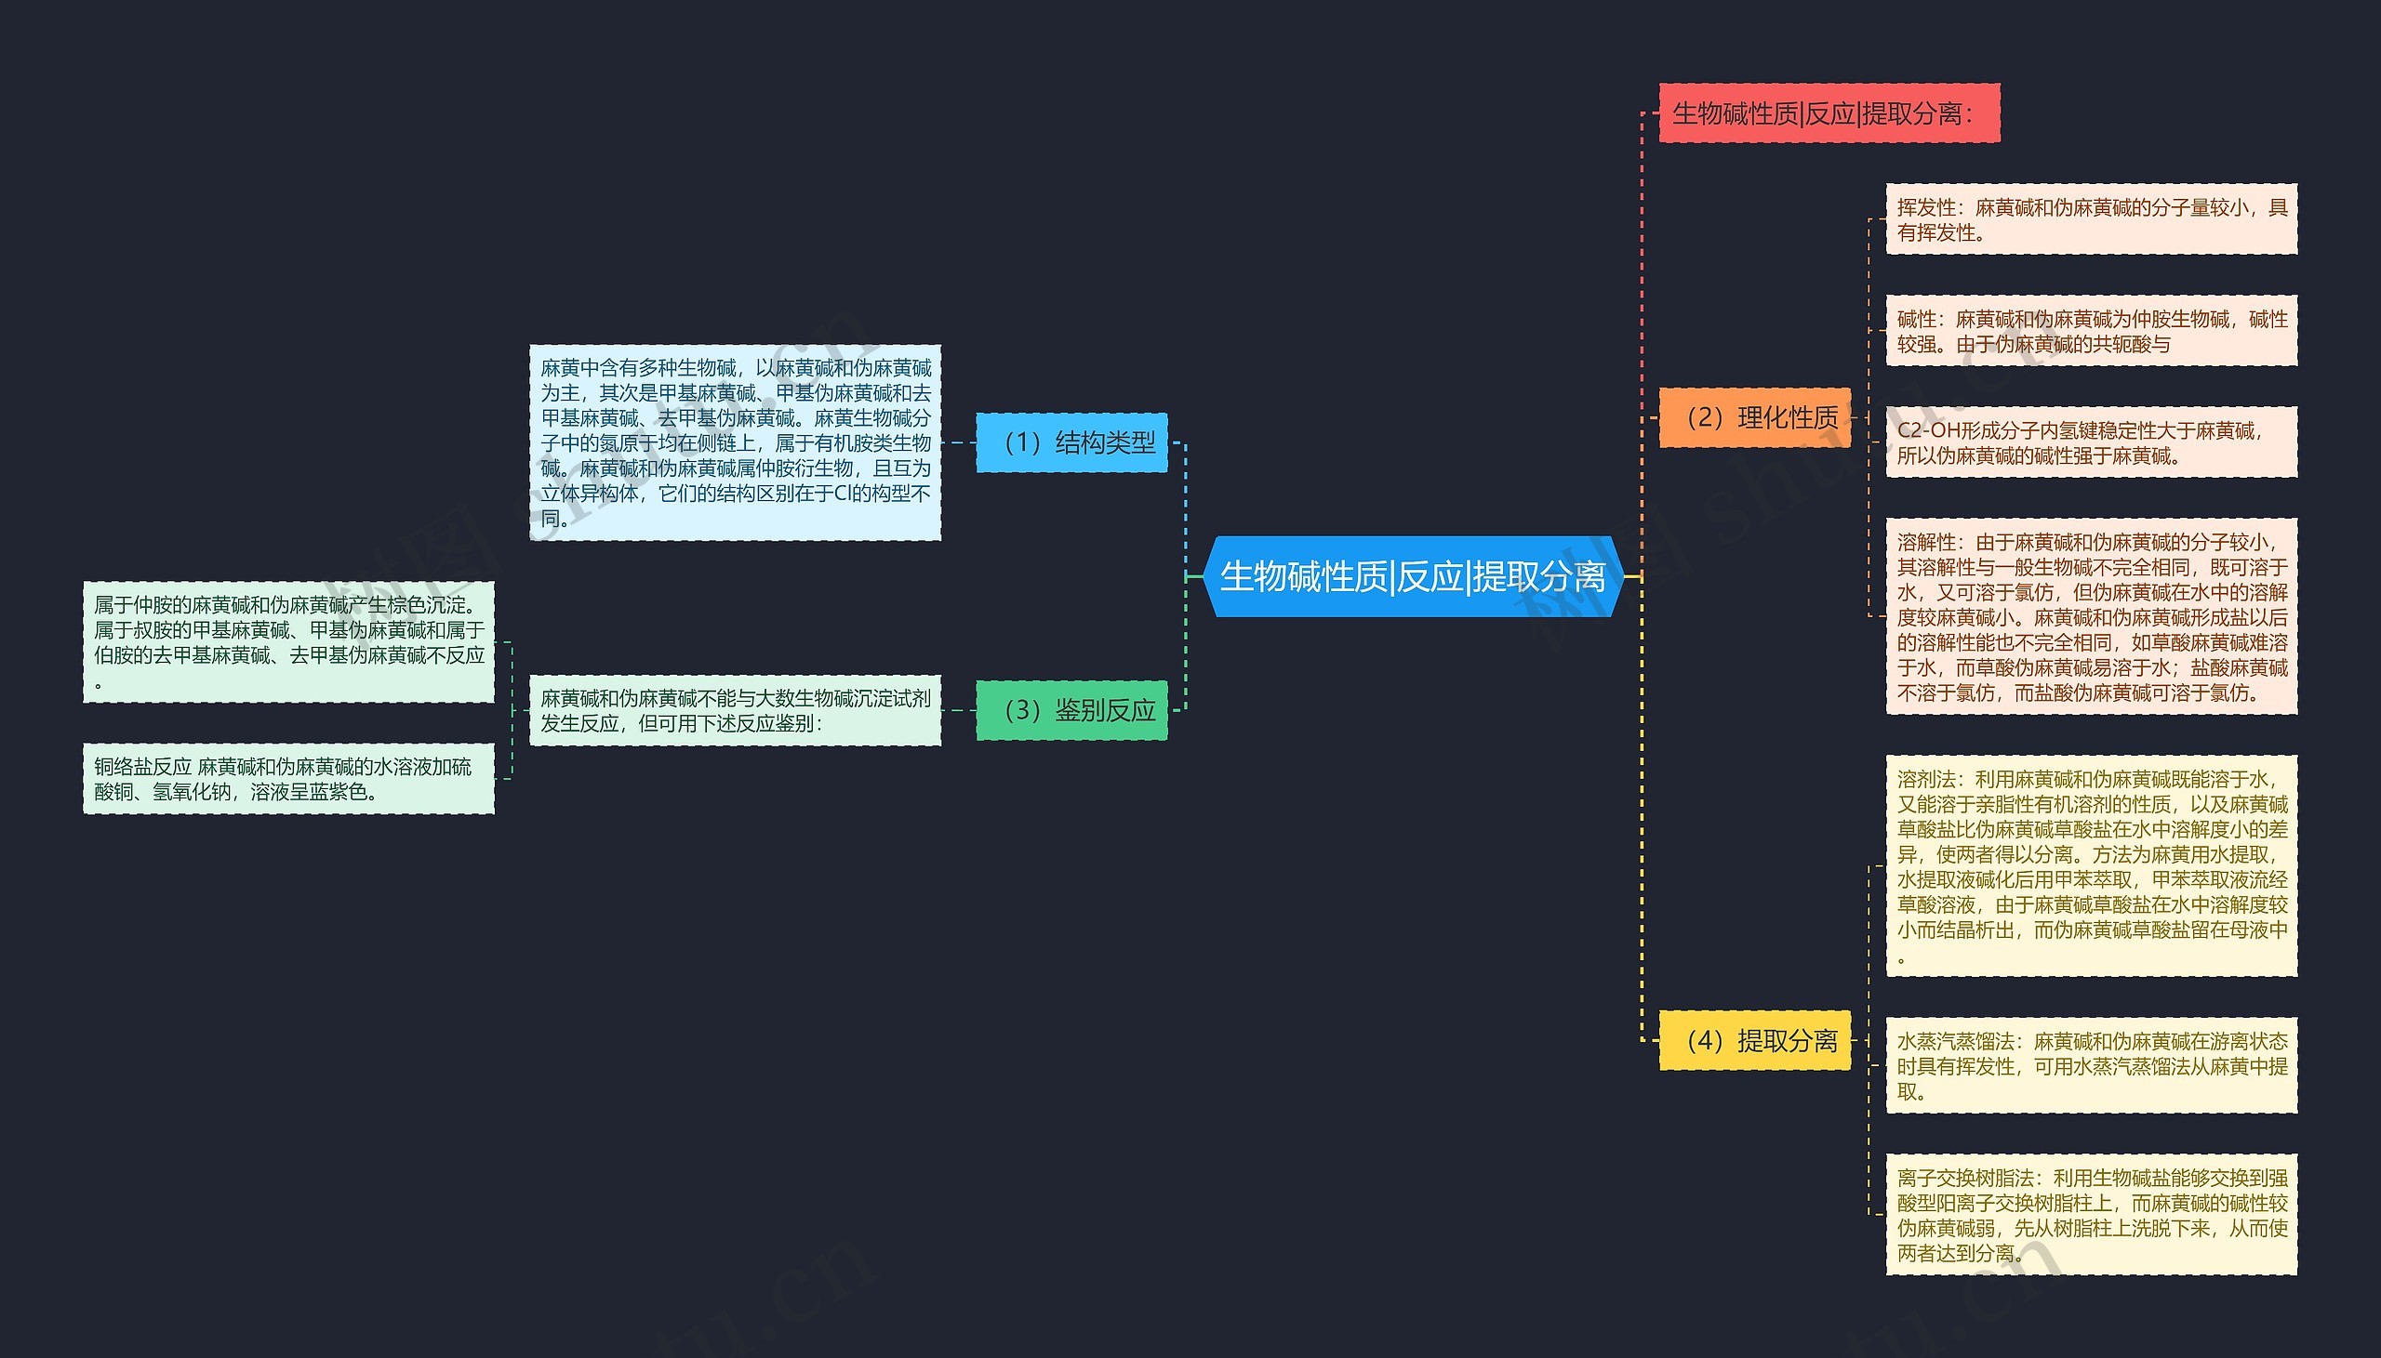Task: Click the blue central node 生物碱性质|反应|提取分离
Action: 1414,576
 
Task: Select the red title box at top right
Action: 1829,113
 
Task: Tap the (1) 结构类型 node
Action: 1072,442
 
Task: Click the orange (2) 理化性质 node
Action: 1754,417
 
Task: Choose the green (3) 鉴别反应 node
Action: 1072,711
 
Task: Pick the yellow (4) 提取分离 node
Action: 1754,1040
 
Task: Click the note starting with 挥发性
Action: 2091,219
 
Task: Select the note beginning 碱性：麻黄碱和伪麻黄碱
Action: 2091,331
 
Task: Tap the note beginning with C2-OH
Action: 2091,443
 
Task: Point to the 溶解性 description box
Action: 2091,616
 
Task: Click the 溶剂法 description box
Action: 2091,866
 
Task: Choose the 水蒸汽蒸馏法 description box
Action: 2091,1065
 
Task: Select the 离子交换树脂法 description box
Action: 2091,1214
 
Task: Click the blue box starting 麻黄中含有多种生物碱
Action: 735,442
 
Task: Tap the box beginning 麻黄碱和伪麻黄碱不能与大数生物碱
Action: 735,711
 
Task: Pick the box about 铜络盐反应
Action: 288,779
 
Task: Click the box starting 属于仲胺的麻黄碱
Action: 288,642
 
